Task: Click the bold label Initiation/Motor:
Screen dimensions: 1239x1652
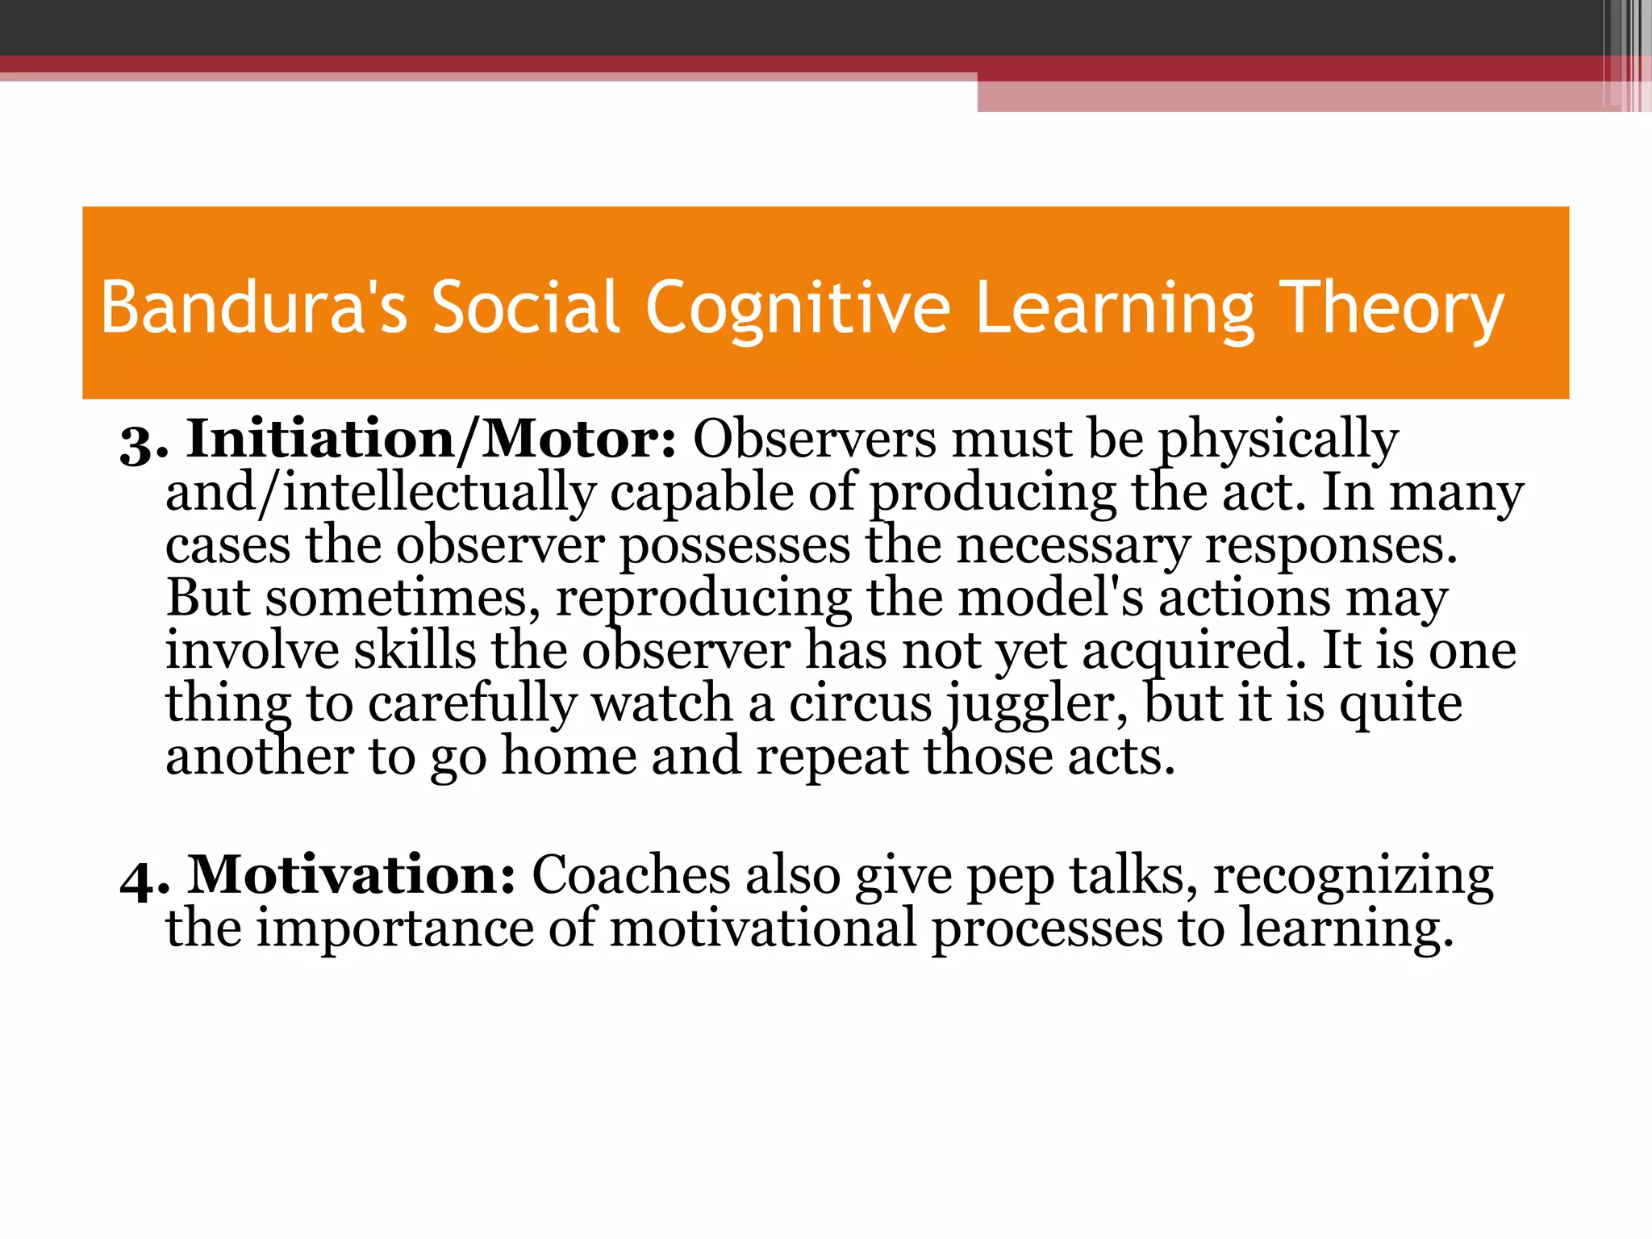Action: coord(432,440)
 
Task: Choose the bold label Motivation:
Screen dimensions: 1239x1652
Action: coord(352,875)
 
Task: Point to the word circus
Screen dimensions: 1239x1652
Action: coord(860,704)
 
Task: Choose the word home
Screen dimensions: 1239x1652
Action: coord(569,757)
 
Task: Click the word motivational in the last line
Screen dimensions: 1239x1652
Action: coord(762,928)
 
